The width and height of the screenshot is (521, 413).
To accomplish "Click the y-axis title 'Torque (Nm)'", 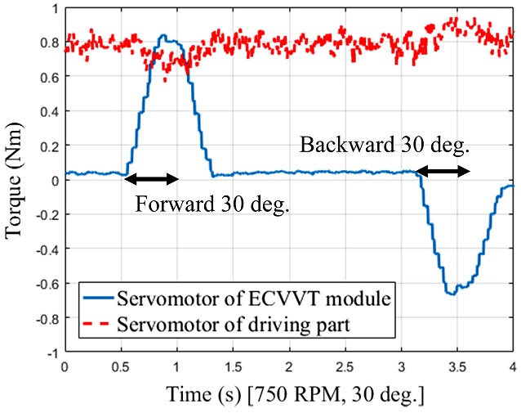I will pos(14,180).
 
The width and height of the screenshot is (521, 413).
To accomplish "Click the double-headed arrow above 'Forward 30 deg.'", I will pos(151,178).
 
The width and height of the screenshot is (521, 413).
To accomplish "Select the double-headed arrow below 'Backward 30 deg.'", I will pos(443,171).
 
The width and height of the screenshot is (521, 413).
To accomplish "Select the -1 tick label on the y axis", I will pos(50,352).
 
